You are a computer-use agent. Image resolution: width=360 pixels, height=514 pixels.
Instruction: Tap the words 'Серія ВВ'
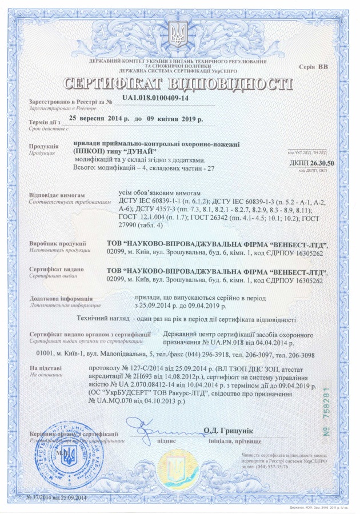coord(314,67)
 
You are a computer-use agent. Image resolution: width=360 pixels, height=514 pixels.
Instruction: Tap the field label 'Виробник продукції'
coord(57,244)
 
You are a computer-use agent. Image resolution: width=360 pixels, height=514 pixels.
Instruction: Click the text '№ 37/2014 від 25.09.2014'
coord(57,499)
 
